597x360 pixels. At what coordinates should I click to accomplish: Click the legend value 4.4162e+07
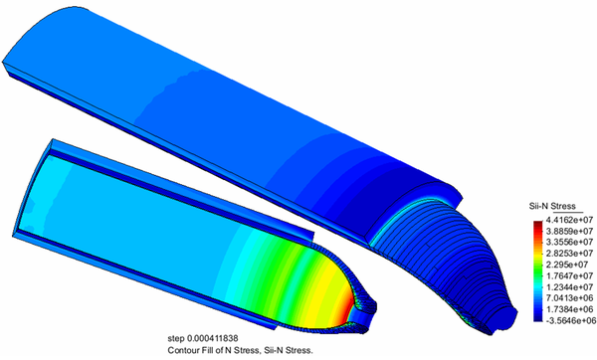pyautogui.click(x=569, y=220)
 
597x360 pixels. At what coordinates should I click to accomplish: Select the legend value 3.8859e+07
pyautogui.click(x=569, y=231)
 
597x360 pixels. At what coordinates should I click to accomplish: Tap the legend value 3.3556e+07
pyautogui.click(x=569, y=242)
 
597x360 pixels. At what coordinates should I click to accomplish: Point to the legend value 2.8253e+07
pyautogui.click(x=569, y=254)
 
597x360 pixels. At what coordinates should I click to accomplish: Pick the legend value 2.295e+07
pyautogui.click(x=566, y=265)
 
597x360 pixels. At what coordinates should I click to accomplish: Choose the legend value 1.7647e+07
pyautogui.click(x=569, y=275)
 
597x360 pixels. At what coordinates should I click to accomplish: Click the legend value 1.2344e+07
pyautogui.click(x=569, y=287)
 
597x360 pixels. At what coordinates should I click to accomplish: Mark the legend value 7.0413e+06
pyautogui.click(x=569, y=298)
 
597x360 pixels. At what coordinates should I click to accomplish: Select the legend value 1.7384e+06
pyautogui.click(x=569, y=309)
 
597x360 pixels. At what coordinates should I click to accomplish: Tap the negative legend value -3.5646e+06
pyautogui.click(x=570, y=321)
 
